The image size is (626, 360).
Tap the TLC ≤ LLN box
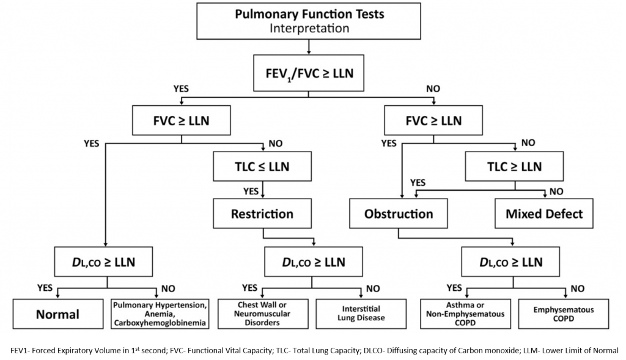click(x=262, y=167)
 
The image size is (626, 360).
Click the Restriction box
click(x=262, y=214)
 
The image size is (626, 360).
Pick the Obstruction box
click(x=399, y=214)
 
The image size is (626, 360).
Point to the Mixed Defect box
click(x=544, y=214)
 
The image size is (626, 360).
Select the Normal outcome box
click(x=57, y=314)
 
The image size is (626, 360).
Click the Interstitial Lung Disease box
click(x=361, y=314)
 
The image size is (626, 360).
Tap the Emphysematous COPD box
click(x=562, y=314)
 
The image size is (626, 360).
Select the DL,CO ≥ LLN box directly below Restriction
click(x=312, y=262)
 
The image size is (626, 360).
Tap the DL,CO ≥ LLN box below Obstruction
click(x=510, y=262)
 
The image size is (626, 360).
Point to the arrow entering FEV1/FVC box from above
click(x=309, y=46)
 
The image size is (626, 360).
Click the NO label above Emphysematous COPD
click(x=576, y=288)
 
